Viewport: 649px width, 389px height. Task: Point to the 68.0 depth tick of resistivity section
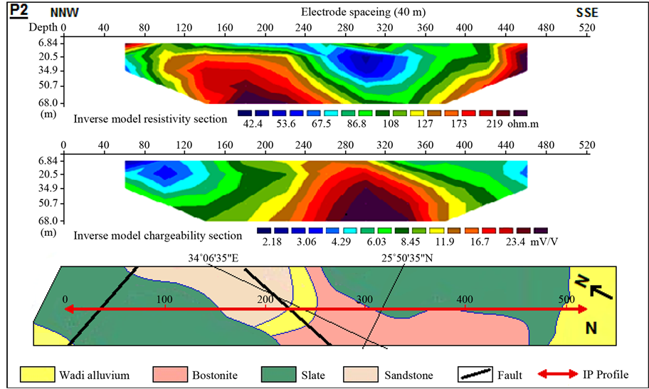pyautogui.click(x=37, y=102)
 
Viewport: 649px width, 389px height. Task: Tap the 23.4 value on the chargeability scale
pyautogui.click(x=515, y=241)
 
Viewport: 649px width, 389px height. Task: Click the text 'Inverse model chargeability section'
pyautogui.click(x=155, y=234)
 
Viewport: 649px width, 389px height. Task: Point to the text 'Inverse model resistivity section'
pyautogui.click(x=150, y=118)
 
